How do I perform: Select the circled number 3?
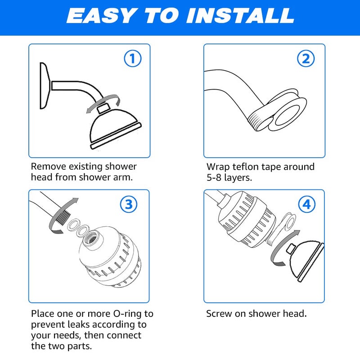pos(129,205)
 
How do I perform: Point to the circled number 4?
pos(306,205)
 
